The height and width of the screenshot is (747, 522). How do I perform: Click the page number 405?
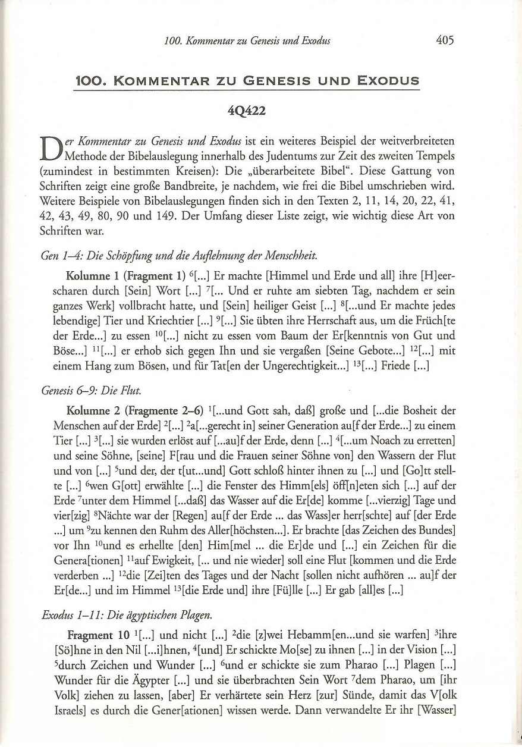click(x=444, y=40)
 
